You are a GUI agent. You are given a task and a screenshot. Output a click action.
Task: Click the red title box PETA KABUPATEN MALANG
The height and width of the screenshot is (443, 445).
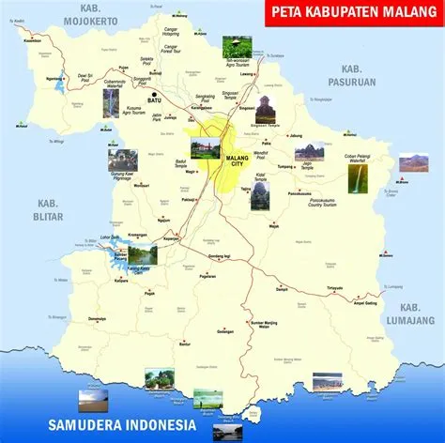tap(350, 12)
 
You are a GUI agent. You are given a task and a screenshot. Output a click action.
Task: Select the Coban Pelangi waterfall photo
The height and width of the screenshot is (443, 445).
tap(358, 179)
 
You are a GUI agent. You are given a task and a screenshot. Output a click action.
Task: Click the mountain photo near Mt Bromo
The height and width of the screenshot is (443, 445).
tap(414, 162)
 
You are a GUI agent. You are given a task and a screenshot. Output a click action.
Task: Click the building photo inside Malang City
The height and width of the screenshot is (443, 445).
tap(205, 148)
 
